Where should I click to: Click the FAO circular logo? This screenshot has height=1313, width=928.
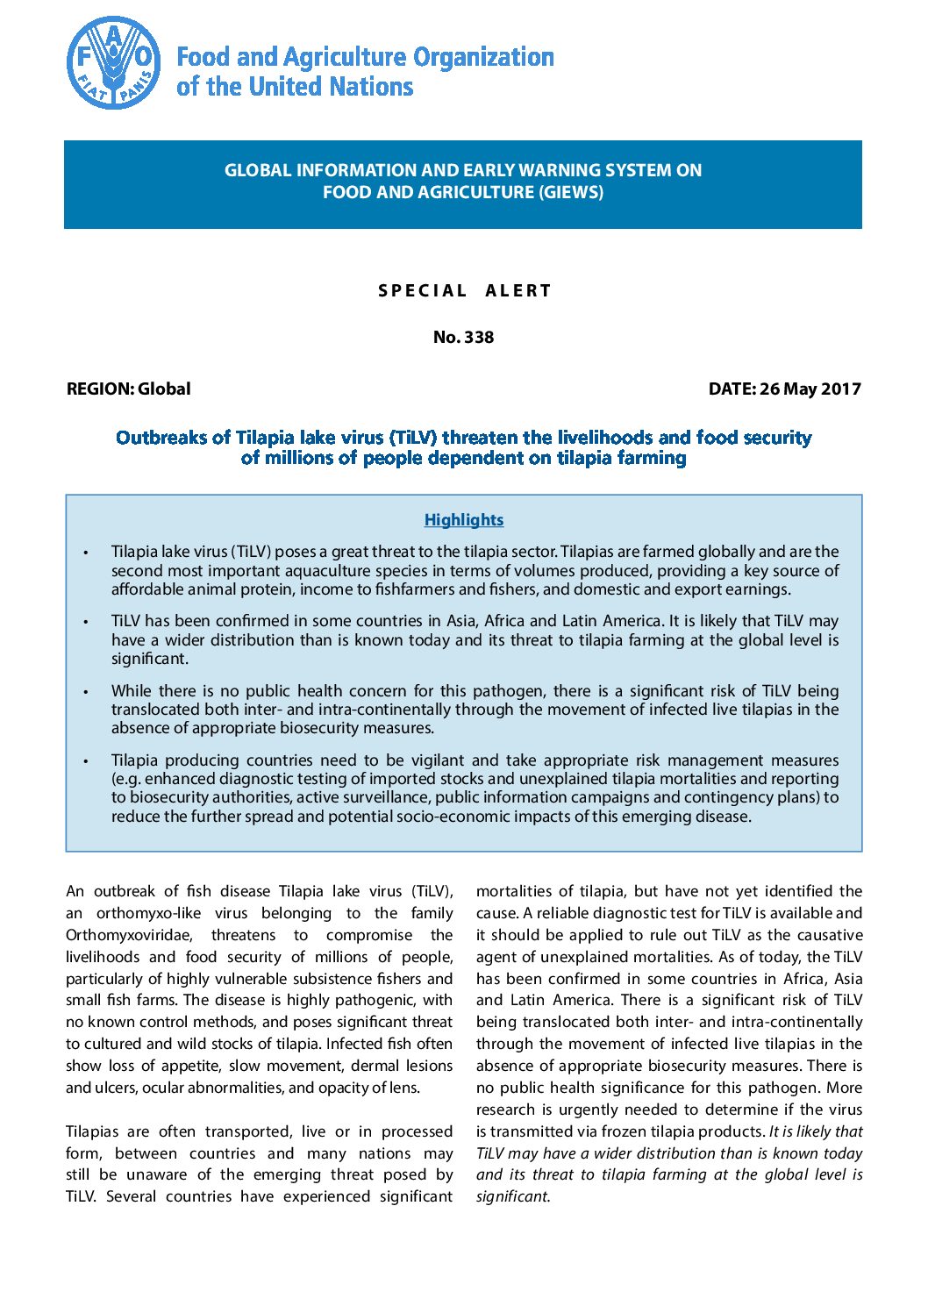113,63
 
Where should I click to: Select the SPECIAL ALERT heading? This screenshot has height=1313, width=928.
464,290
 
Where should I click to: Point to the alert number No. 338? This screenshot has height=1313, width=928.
463,338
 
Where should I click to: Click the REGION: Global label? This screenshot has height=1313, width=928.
128,389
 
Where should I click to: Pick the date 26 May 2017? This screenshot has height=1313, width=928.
810,389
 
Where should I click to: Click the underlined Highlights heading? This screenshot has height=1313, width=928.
463,520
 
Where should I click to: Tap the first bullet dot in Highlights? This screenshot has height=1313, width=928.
85,553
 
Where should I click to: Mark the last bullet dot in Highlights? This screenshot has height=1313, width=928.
85,761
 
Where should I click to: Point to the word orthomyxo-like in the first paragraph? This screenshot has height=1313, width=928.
148,913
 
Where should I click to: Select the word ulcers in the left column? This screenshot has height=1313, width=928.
113,1088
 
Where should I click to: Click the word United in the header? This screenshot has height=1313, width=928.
292,87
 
